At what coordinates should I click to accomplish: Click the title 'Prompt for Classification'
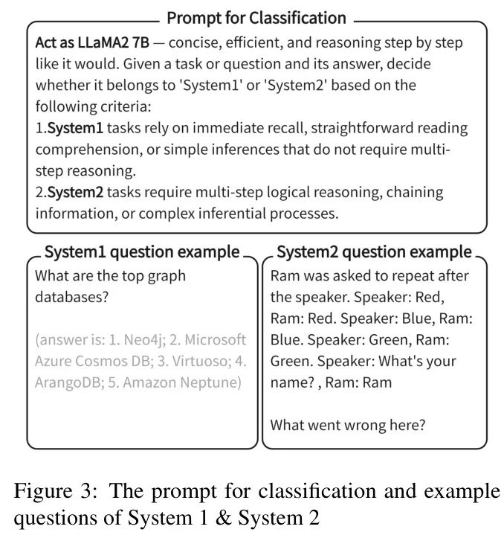coord(256,18)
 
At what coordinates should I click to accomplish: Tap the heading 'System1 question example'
coord(142,252)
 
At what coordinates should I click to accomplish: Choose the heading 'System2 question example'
coord(374,252)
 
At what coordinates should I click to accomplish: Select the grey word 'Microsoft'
coord(216,340)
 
